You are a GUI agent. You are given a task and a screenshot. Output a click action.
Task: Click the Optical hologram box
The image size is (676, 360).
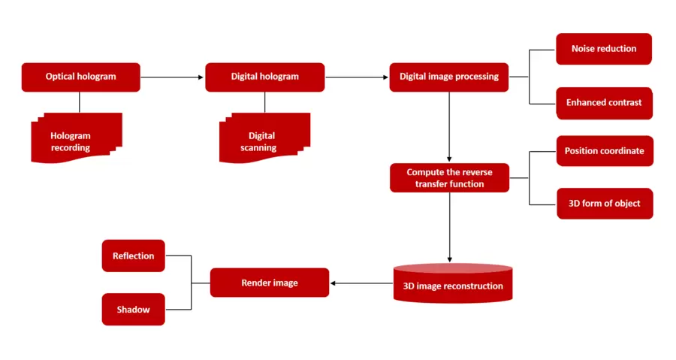[x=80, y=77]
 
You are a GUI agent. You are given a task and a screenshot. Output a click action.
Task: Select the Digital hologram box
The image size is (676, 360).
[x=264, y=77]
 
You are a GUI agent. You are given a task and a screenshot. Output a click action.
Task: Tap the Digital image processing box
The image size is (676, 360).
[x=448, y=77]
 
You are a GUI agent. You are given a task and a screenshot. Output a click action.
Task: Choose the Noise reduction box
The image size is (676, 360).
[x=604, y=49]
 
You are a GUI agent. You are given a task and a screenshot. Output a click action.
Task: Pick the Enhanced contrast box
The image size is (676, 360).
[x=604, y=103]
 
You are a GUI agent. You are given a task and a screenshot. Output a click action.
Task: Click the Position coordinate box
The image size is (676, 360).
[x=604, y=151]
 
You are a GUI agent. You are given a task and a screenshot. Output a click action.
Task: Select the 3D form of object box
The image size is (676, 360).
[x=604, y=204]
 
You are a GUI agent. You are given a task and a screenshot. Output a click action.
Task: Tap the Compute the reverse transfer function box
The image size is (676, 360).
[x=449, y=178]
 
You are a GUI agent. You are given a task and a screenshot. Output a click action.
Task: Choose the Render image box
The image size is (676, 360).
[x=270, y=283]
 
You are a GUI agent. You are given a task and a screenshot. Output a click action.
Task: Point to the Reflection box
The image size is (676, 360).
[x=133, y=256]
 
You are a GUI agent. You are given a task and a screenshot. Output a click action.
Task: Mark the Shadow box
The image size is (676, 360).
[x=133, y=310]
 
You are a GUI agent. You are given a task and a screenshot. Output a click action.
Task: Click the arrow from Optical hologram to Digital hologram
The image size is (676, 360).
[x=172, y=77]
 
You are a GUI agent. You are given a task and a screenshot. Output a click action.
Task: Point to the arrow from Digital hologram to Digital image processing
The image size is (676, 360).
[x=357, y=77]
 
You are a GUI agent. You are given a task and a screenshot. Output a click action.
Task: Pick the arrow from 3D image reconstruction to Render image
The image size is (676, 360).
[x=361, y=283]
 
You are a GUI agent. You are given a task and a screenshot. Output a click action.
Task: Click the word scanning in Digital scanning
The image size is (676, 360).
[x=258, y=148]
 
